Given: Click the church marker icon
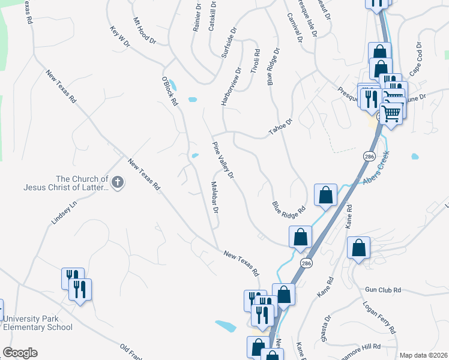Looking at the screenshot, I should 118,182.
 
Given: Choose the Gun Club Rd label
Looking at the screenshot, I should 382,290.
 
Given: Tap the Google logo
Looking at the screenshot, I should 20,353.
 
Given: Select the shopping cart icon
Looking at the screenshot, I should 391,112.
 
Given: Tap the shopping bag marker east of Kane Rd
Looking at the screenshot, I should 358,248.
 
